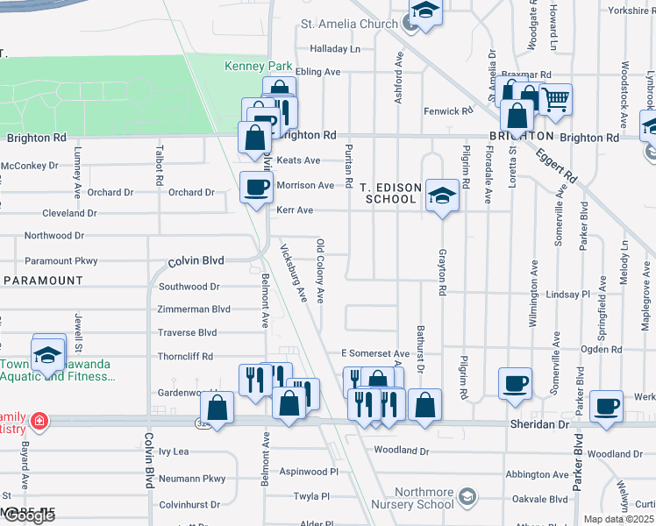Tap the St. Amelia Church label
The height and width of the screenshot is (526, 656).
click(x=349, y=24)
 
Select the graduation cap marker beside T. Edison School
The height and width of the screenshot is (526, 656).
click(x=441, y=195)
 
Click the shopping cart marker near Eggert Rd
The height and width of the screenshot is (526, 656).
click(x=554, y=99)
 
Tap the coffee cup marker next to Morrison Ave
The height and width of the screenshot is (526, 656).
click(x=256, y=187)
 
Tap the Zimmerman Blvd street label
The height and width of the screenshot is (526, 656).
click(x=193, y=309)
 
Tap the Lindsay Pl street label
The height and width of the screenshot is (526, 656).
click(x=574, y=295)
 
